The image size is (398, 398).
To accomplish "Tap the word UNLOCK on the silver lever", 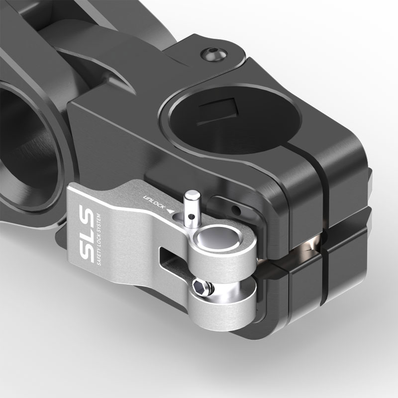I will click(154, 200).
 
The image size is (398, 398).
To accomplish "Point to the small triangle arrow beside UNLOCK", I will click(172, 211).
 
